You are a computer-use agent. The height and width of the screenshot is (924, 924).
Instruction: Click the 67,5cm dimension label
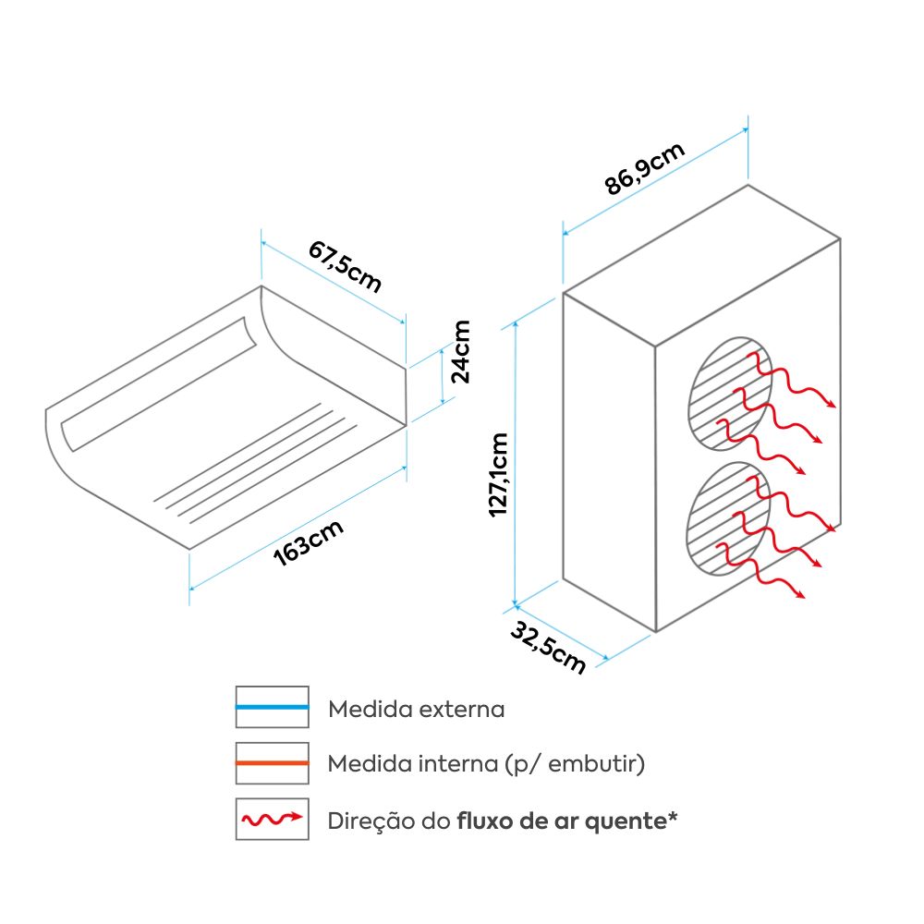345,265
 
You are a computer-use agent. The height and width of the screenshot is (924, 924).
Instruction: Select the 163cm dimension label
309,545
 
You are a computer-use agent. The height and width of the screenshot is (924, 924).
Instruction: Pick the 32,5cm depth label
548,647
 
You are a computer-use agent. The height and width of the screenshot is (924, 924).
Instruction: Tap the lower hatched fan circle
729,519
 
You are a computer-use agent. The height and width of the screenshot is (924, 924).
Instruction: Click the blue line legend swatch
272,707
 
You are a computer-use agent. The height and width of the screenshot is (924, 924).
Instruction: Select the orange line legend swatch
272,763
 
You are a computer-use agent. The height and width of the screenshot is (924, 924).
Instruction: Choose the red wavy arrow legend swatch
272,819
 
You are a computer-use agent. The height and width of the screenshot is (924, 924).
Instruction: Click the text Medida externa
417,710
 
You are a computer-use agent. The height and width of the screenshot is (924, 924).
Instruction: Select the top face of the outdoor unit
702,263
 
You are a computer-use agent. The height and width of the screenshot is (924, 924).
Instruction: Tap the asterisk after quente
672,817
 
